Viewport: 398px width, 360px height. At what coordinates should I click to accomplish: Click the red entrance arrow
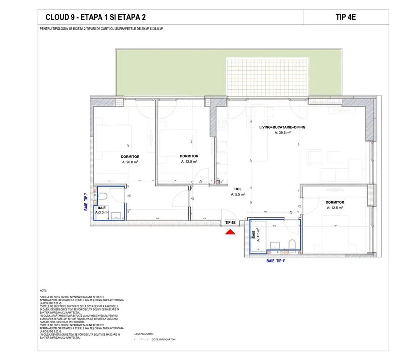pos(230,232)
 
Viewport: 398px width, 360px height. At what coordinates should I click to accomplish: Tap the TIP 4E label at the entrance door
pos(230,223)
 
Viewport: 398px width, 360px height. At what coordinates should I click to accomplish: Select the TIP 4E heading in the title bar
pos(346,16)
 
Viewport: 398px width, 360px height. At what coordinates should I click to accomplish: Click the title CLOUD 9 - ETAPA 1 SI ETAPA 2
pos(96,17)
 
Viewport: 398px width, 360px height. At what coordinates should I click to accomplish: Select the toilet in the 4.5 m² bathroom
pos(293,243)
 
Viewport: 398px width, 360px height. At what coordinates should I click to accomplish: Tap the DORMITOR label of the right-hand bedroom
pos(335,202)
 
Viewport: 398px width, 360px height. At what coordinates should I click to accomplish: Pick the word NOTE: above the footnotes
pos(43,290)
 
